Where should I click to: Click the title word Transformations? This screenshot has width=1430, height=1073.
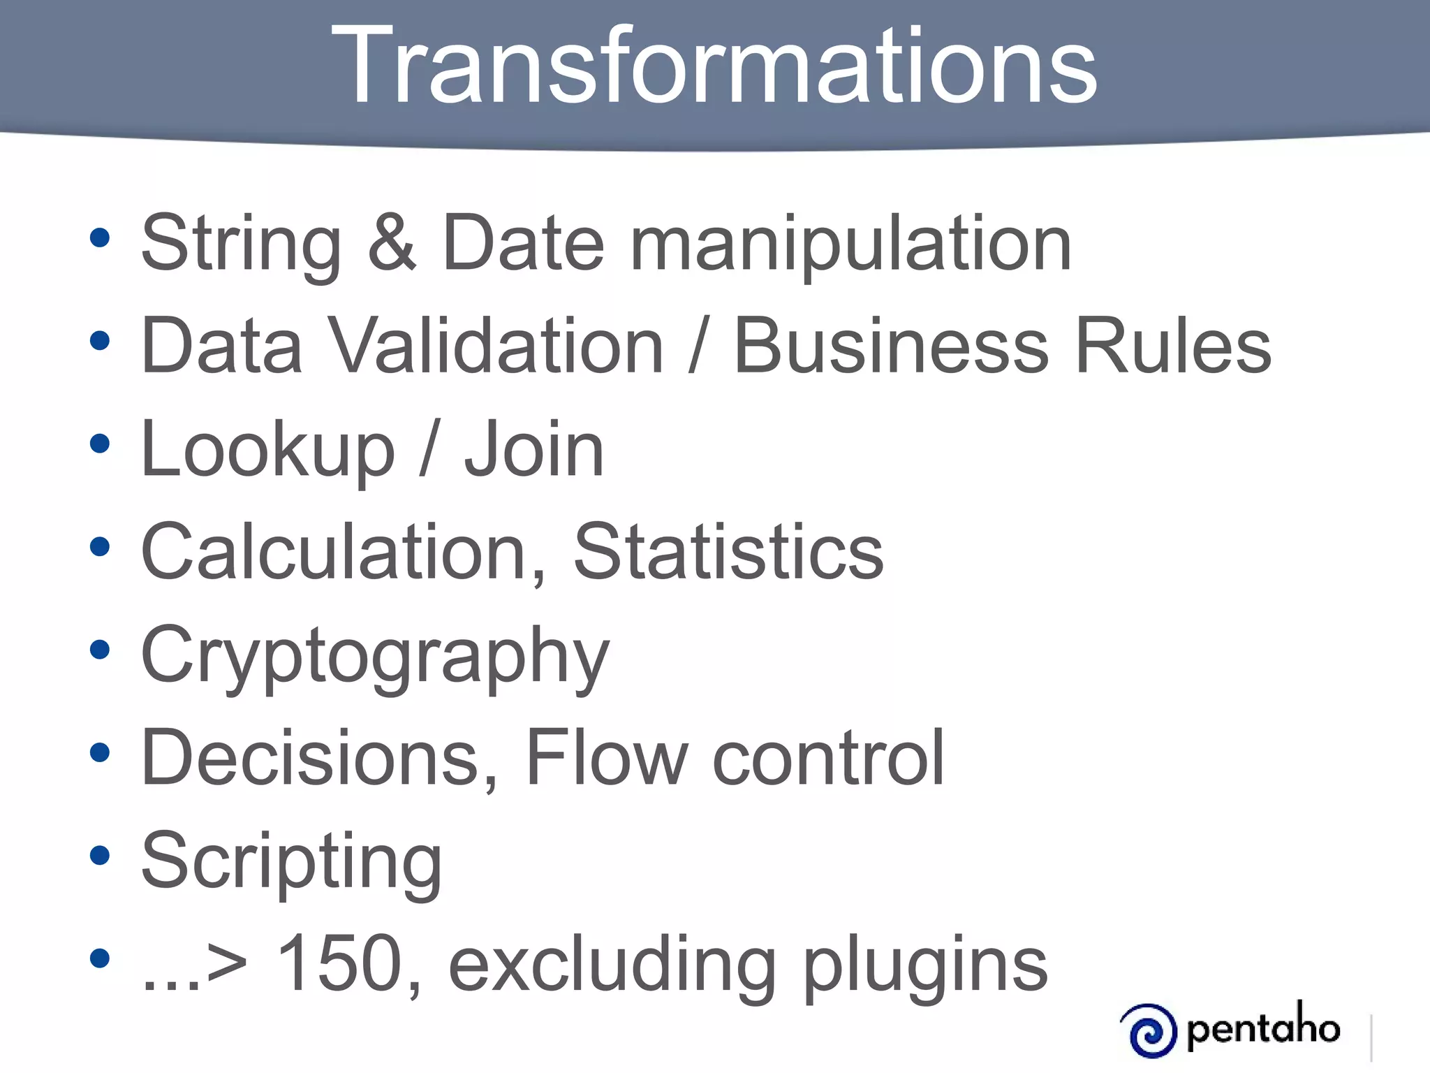[714, 66]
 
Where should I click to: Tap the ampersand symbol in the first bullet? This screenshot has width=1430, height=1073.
[392, 242]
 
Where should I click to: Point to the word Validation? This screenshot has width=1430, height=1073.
[495, 345]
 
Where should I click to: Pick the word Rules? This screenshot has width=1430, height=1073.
[1173, 345]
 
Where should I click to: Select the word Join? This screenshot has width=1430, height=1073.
[534, 449]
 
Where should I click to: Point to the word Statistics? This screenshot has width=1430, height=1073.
[728, 551]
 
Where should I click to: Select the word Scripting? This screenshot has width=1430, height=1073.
[291, 862]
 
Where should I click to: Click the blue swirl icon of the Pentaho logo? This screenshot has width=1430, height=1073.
[1149, 1030]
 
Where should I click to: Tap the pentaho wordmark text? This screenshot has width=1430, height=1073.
[1262, 1028]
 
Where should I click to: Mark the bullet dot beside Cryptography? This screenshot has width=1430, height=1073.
[100, 650]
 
